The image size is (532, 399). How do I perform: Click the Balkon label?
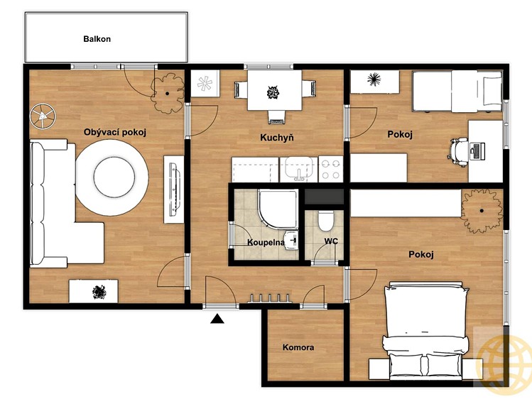click(x=97, y=39)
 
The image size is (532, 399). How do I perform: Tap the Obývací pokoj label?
click(x=115, y=132)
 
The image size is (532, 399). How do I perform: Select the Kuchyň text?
click(x=277, y=137)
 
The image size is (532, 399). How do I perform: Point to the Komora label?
click(x=298, y=347)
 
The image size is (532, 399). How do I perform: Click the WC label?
click(x=331, y=241)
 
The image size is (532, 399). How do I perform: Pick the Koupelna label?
click(x=266, y=242)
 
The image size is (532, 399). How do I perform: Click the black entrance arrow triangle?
click(x=217, y=319)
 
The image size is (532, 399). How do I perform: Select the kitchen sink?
click(x=298, y=169)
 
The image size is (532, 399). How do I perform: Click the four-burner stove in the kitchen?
click(x=331, y=169)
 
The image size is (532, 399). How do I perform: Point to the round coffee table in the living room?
click(x=112, y=177)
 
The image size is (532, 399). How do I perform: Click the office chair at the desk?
click(x=458, y=152)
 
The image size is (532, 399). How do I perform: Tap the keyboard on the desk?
click(x=477, y=151)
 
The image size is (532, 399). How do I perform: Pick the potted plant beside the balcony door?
click(x=167, y=93)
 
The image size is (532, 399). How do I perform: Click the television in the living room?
click(x=175, y=189)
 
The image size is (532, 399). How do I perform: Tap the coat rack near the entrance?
click(x=270, y=298)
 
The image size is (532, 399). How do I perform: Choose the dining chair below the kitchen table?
click(x=276, y=117)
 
